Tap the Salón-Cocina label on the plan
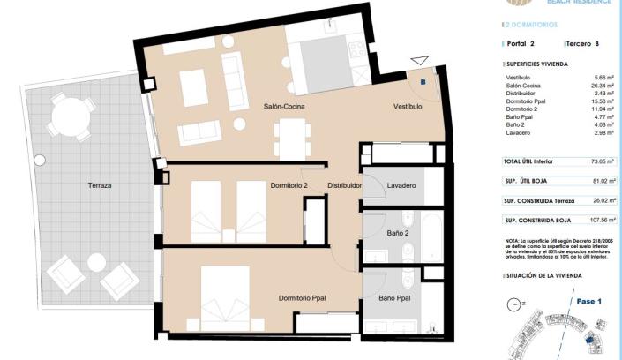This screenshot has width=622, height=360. (284, 106)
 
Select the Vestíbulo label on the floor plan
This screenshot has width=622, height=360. (408, 106)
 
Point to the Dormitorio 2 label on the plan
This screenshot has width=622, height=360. (289, 186)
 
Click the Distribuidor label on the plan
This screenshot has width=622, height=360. (345, 186)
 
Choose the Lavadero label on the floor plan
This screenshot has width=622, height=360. (401, 186)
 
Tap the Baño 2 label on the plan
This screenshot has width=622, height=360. (398, 233)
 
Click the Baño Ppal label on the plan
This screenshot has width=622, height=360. (393, 298)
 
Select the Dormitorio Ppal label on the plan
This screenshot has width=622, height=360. (302, 298)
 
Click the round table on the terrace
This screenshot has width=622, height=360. (70, 116)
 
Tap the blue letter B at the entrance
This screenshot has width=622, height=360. (423, 81)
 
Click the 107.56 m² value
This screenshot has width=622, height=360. (602, 220)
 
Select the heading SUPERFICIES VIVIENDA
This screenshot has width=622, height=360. (536, 64)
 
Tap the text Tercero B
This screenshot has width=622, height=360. (584, 42)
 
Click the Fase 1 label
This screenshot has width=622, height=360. (588, 302)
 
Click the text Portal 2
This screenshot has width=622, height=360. (521, 42)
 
